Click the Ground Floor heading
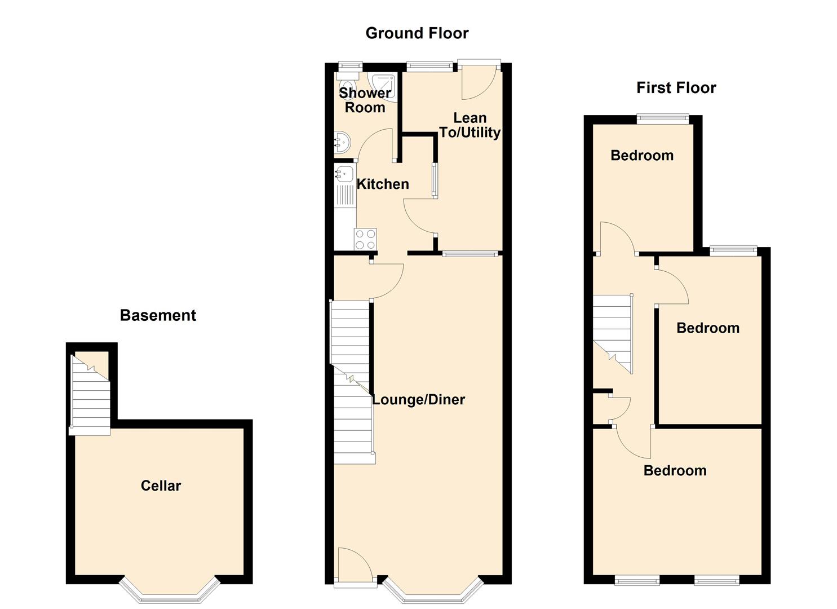coord(417,33)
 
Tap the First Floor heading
coord(676,88)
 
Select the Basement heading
coord(158,315)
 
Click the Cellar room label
coord(161,486)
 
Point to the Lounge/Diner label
coord(418,399)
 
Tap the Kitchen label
coord(383,184)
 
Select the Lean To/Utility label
coord(470,125)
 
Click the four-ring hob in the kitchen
coord(365,239)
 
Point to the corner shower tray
coord(382,86)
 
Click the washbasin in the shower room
coord(342,142)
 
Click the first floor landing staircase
coord(613,334)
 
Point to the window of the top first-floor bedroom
coord(662,118)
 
